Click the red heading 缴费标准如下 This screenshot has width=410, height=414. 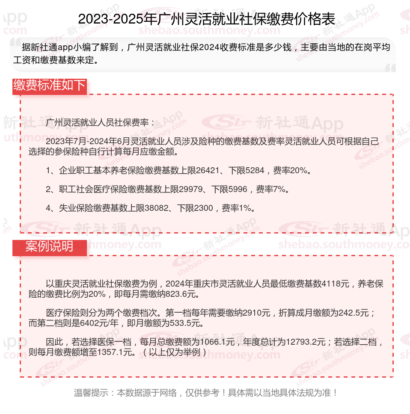coord(50,85)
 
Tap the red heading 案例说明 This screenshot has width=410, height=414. coord(49,247)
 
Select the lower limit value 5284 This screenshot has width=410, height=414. coord(256,171)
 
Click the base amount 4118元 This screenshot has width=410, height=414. coord(336,284)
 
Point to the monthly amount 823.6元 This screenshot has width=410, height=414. coord(181,294)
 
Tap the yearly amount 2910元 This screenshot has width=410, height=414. coord(256,313)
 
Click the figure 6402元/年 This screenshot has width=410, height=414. coord(99,323)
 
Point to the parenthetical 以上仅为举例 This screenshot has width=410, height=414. coord(175,353)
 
